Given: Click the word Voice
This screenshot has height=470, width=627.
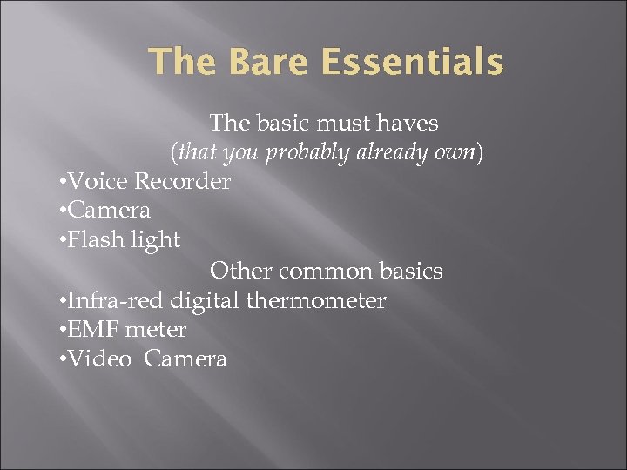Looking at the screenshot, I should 98,182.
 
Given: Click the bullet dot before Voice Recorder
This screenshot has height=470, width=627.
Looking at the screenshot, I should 59,183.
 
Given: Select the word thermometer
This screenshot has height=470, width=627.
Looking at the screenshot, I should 317,301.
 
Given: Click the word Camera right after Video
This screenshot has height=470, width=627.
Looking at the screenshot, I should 185,359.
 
